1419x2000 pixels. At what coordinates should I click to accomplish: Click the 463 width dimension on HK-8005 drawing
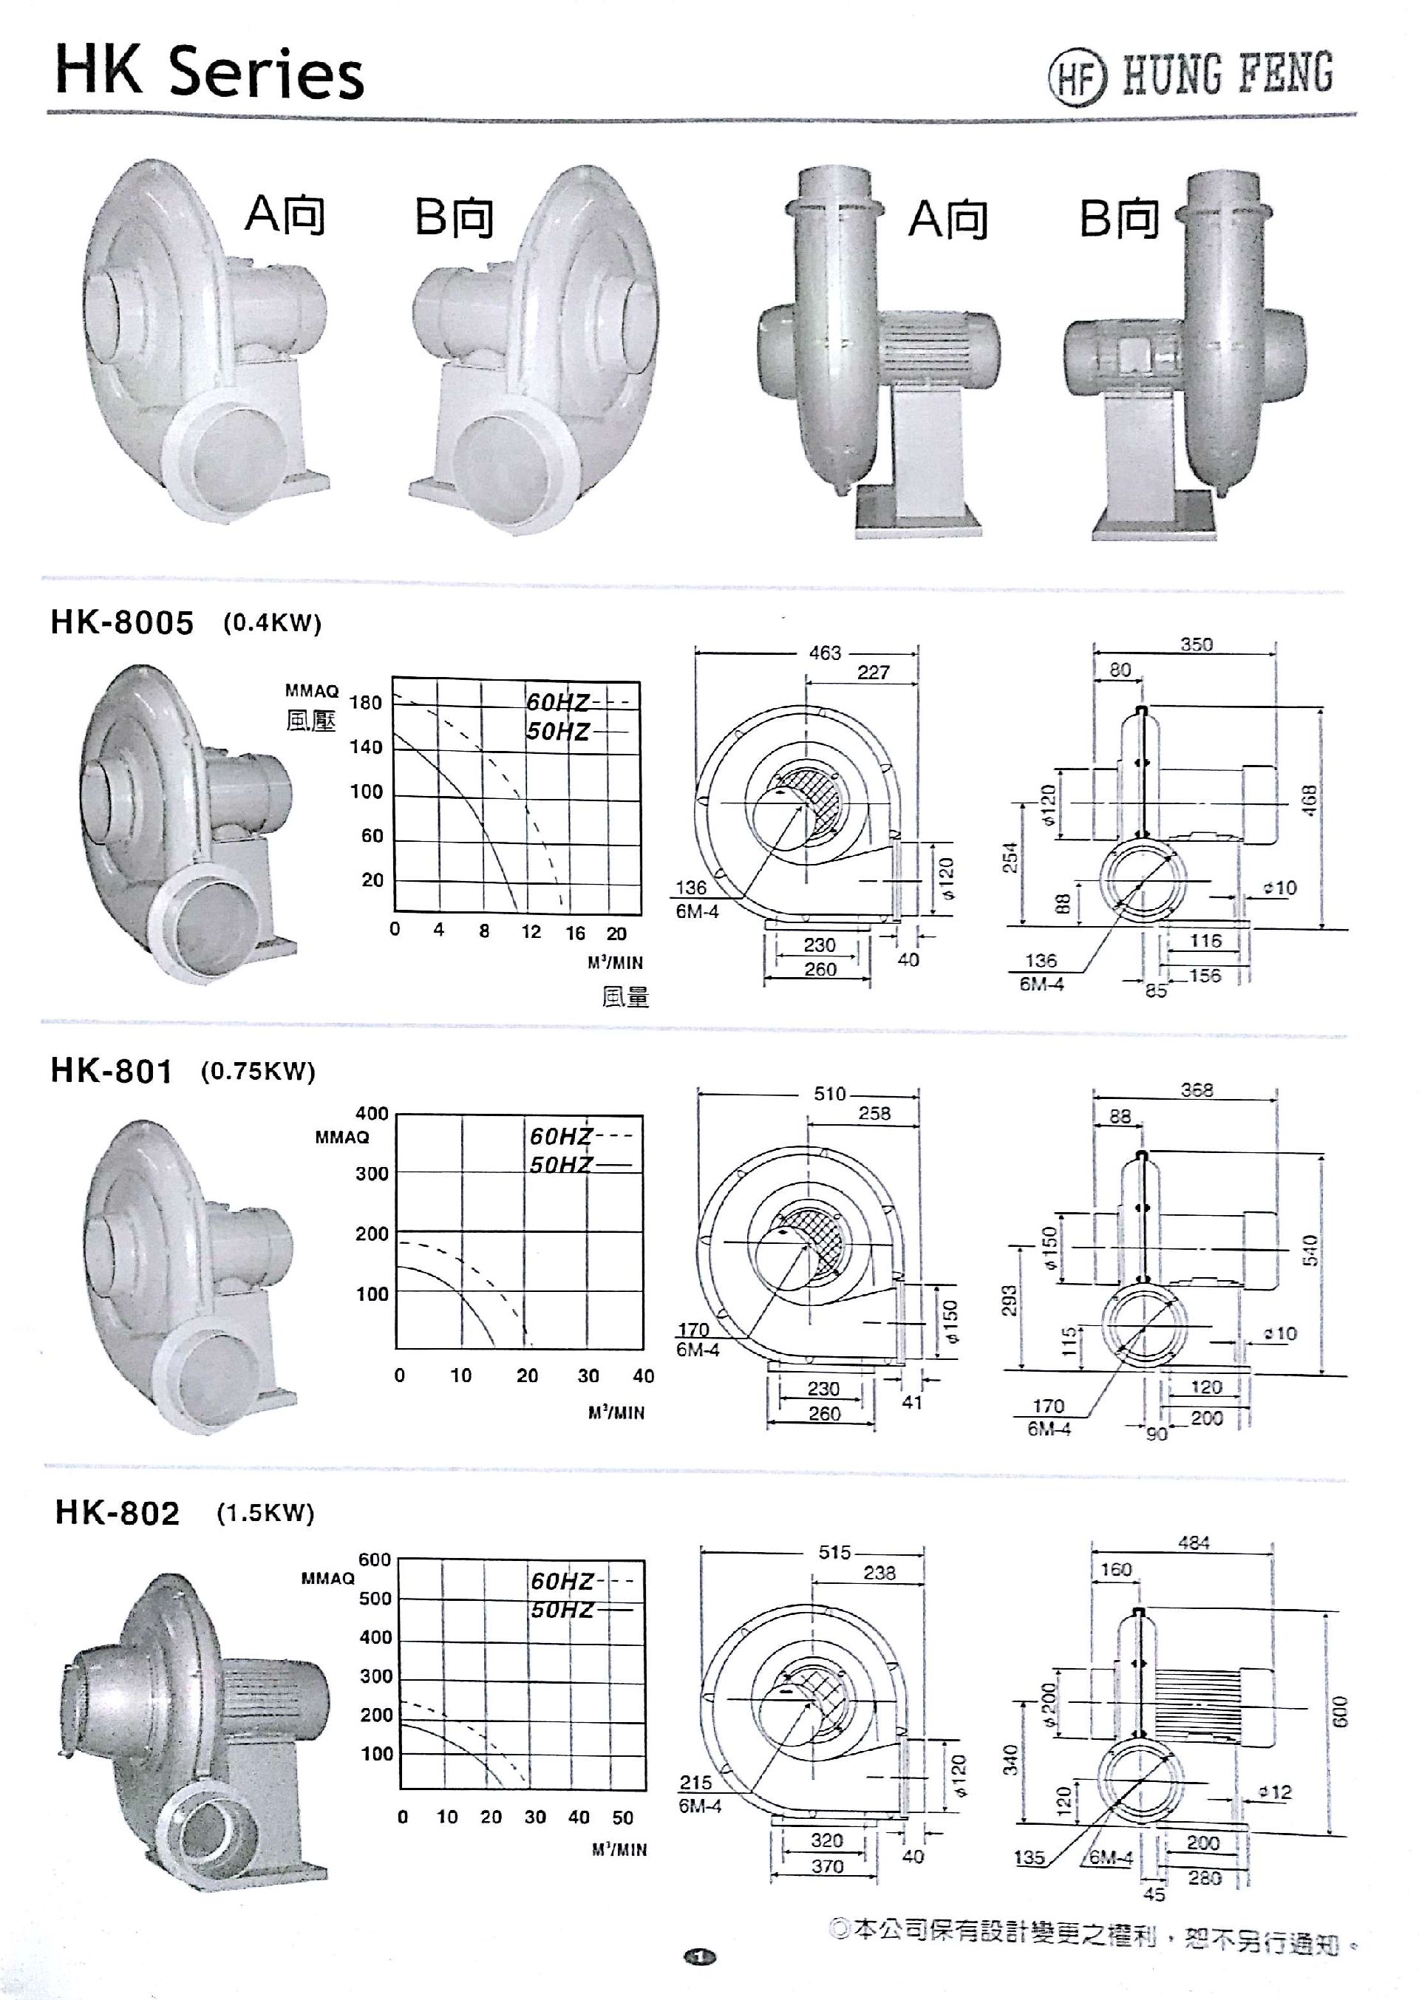pyautogui.click(x=824, y=653)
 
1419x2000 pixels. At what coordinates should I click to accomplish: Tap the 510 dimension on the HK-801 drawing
pyautogui.click(x=829, y=1094)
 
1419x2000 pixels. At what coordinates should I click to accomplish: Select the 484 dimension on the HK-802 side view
pyautogui.click(x=1193, y=1543)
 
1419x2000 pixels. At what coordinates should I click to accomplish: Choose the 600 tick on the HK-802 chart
pyautogui.click(x=374, y=1559)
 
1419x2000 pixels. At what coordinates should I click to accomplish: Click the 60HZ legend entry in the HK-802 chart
pyautogui.click(x=562, y=1582)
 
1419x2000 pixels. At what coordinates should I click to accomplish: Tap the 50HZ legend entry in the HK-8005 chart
pyautogui.click(x=557, y=731)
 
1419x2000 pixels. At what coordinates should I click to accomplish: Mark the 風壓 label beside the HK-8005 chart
pyautogui.click(x=310, y=721)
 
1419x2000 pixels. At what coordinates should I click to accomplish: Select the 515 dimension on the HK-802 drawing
pyautogui.click(x=834, y=1553)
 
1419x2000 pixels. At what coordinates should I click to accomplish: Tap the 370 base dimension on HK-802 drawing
pyautogui.click(x=826, y=1866)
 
